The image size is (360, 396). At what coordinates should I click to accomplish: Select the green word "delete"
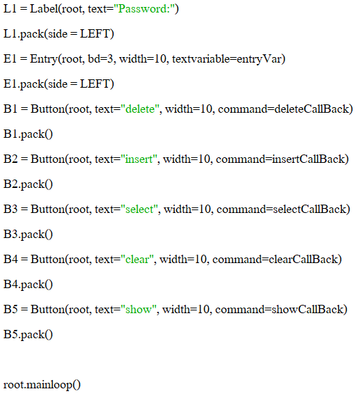point(140,109)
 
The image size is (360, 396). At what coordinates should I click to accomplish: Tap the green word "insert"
point(139,159)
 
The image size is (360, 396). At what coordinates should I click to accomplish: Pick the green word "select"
point(139,209)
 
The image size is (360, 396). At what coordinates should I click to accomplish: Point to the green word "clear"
point(137,260)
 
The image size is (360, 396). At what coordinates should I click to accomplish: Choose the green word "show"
point(139,310)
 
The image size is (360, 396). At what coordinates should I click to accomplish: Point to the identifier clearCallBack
point(303,260)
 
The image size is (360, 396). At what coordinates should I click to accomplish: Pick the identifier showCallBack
point(307,310)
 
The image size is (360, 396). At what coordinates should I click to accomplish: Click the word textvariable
point(201,59)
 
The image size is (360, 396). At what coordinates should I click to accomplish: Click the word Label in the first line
point(44,9)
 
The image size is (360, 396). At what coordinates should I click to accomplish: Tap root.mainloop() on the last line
point(42,385)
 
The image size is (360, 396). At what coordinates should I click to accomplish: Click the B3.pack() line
point(28,235)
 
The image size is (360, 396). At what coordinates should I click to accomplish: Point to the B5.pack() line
point(28,335)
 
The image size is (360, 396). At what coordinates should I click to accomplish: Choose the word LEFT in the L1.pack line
point(95,34)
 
